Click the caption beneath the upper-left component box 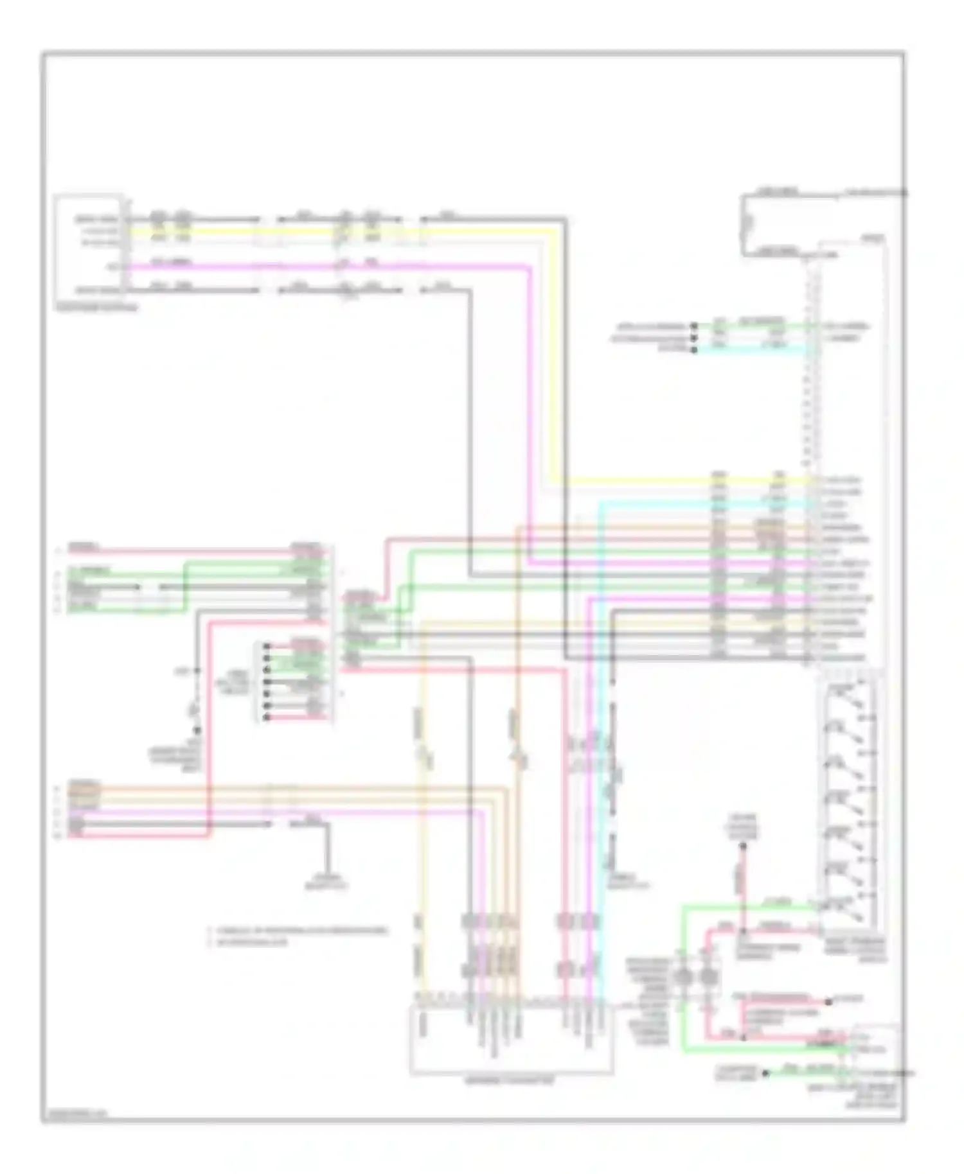pyautogui.click(x=96, y=308)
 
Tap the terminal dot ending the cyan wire pyautogui.click(x=693, y=349)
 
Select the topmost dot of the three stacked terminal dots pyautogui.click(x=693, y=326)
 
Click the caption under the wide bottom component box pyautogui.click(x=509, y=1082)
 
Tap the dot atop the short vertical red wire pyautogui.click(x=742, y=846)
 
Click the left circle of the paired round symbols pyautogui.click(x=683, y=977)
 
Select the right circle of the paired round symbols pyautogui.click(x=708, y=977)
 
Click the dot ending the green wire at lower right pyautogui.click(x=765, y=1073)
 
